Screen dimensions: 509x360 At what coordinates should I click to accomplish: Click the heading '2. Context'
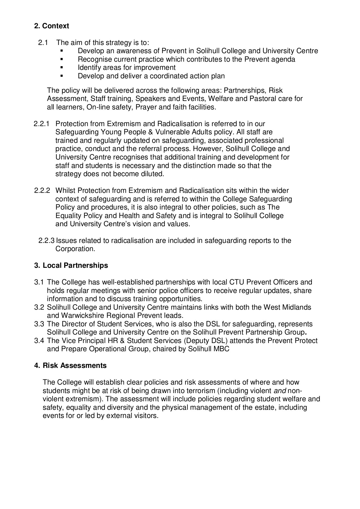point(51,26)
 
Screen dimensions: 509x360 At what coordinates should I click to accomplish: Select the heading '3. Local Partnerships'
point(71,266)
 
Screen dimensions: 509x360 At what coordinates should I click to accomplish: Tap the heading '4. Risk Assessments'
point(70,366)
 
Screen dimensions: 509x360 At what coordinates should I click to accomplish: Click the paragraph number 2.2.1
point(42,124)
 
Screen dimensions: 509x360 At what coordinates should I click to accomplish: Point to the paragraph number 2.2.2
point(42,191)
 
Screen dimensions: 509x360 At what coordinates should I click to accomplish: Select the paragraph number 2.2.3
point(46,241)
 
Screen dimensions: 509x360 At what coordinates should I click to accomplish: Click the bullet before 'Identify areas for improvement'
point(61,68)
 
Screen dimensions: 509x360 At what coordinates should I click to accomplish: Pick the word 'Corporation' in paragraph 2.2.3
point(74,249)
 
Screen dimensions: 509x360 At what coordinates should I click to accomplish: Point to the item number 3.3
point(39,324)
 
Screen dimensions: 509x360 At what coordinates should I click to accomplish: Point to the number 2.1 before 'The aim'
point(43,43)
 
